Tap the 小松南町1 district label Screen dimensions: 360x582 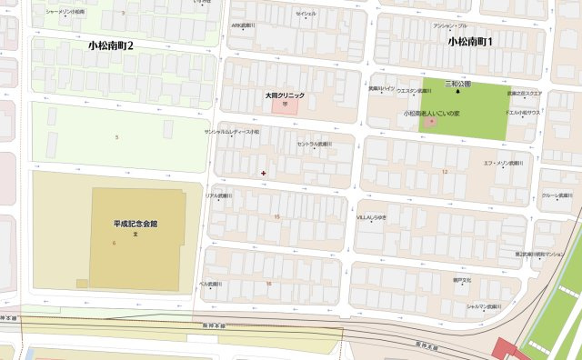pyautogui.click(x=470, y=42)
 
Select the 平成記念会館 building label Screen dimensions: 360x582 pyautogui.click(x=135, y=223)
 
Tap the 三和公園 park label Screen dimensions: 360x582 pyautogui.click(x=457, y=83)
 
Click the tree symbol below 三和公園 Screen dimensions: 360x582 pyautogui.click(x=457, y=91)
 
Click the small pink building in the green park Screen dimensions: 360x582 pyautogui.click(x=431, y=122)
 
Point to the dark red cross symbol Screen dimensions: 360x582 pyautogui.click(x=264, y=172)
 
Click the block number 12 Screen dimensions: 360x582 pyautogui.click(x=445, y=171)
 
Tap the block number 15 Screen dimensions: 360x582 pyautogui.click(x=276, y=216)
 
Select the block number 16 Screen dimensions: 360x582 pyautogui.click(x=268, y=283)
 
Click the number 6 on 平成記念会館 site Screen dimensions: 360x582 pyautogui.click(x=115, y=243)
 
